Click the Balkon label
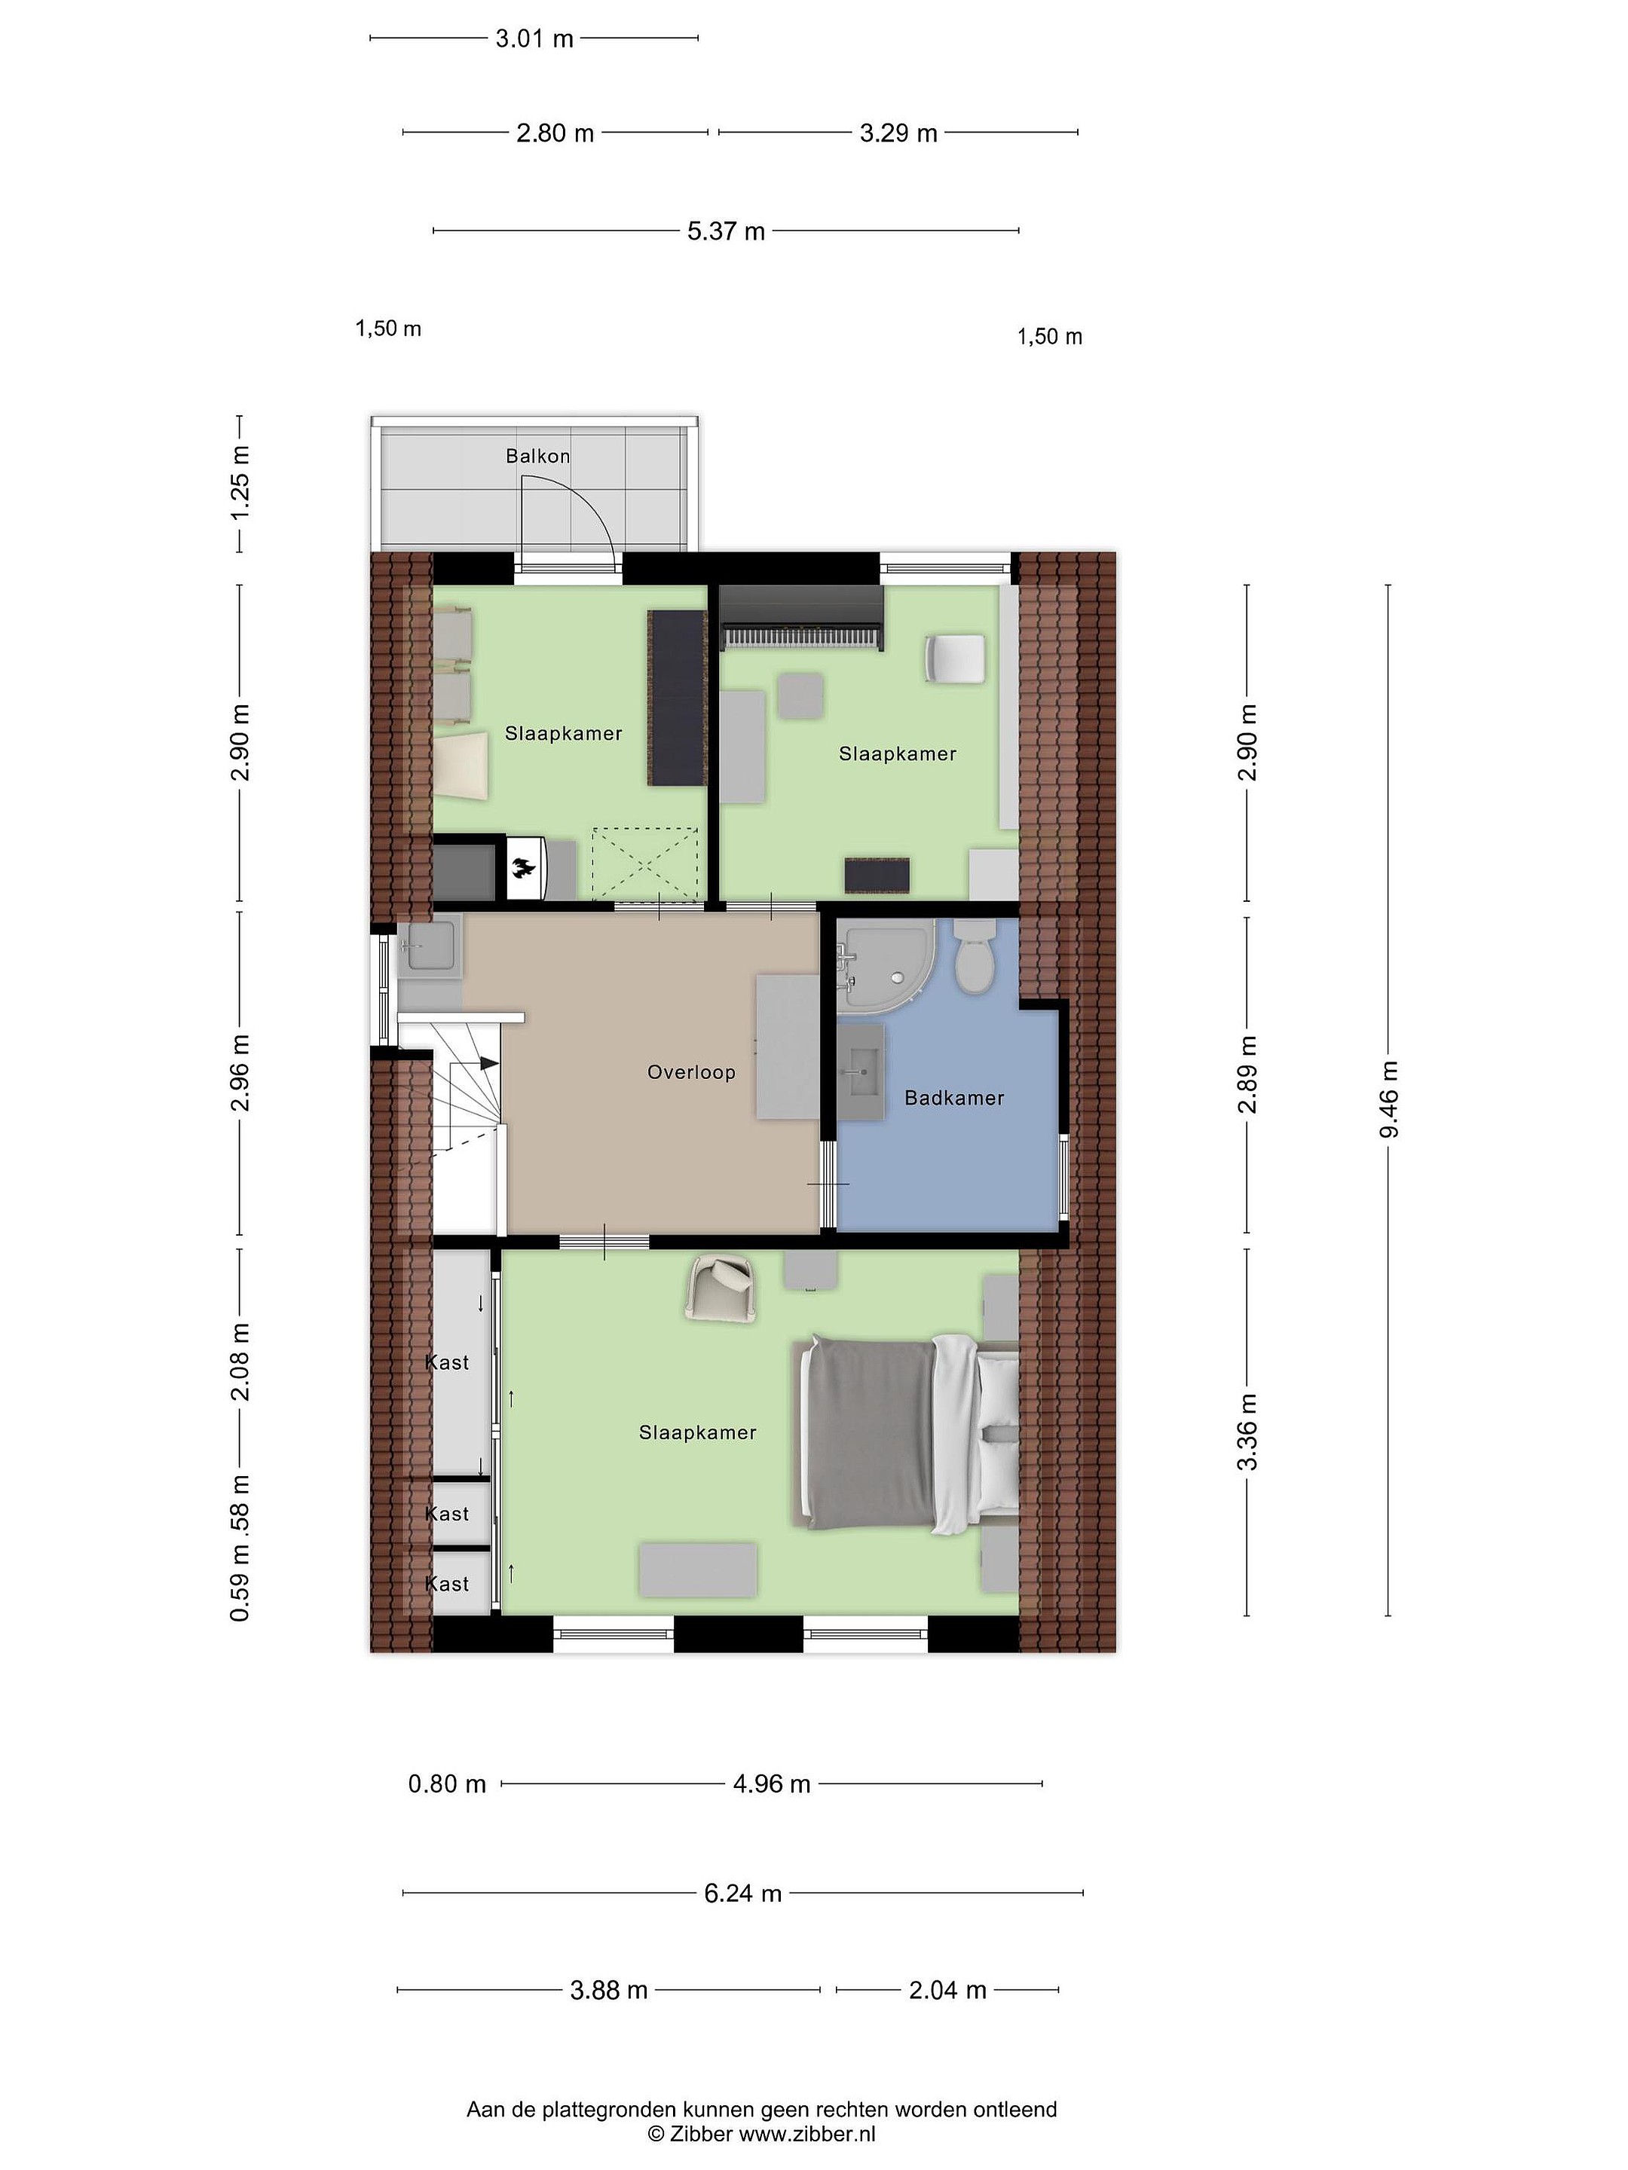(537, 456)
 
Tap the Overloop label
(691, 1072)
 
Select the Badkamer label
(954, 1098)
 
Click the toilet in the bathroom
(975, 955)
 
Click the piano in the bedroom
(802, 618)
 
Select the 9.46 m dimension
(1388, 1100)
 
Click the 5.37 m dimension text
(725, 231)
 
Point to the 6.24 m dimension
(743, 1893)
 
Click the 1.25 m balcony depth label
(240, 484)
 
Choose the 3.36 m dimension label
(1247, 1432)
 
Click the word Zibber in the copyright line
(699, 2134)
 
